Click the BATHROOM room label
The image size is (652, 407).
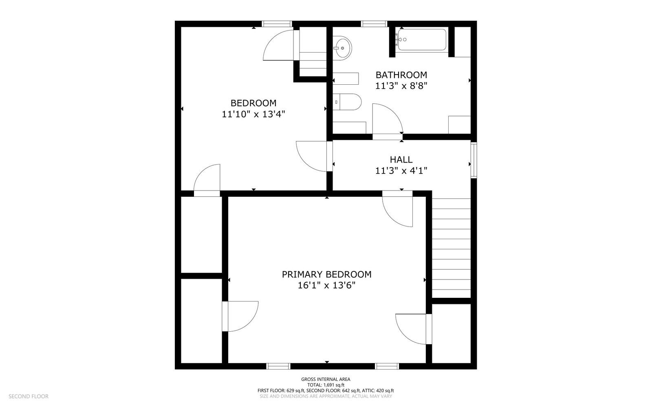[401, 75]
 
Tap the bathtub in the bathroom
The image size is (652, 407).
[422, 40]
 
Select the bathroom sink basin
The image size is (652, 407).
[342, 48]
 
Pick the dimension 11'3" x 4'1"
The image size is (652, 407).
[401, 170]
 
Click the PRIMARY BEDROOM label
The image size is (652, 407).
[326, 274]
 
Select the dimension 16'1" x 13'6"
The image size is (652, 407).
[326, 286]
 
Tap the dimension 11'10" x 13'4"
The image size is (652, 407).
[253, 114]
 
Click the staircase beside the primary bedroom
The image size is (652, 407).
[451, 248]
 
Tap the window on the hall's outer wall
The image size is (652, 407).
[474, 160]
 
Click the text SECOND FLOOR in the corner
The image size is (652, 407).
[29, 396]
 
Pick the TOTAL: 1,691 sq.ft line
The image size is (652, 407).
[326, 385]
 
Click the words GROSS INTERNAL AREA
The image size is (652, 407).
[326, 379]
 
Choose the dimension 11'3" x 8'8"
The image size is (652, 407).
[401, 86]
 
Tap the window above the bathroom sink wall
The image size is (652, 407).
[374, 24]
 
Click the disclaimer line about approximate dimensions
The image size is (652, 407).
[326, 396]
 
